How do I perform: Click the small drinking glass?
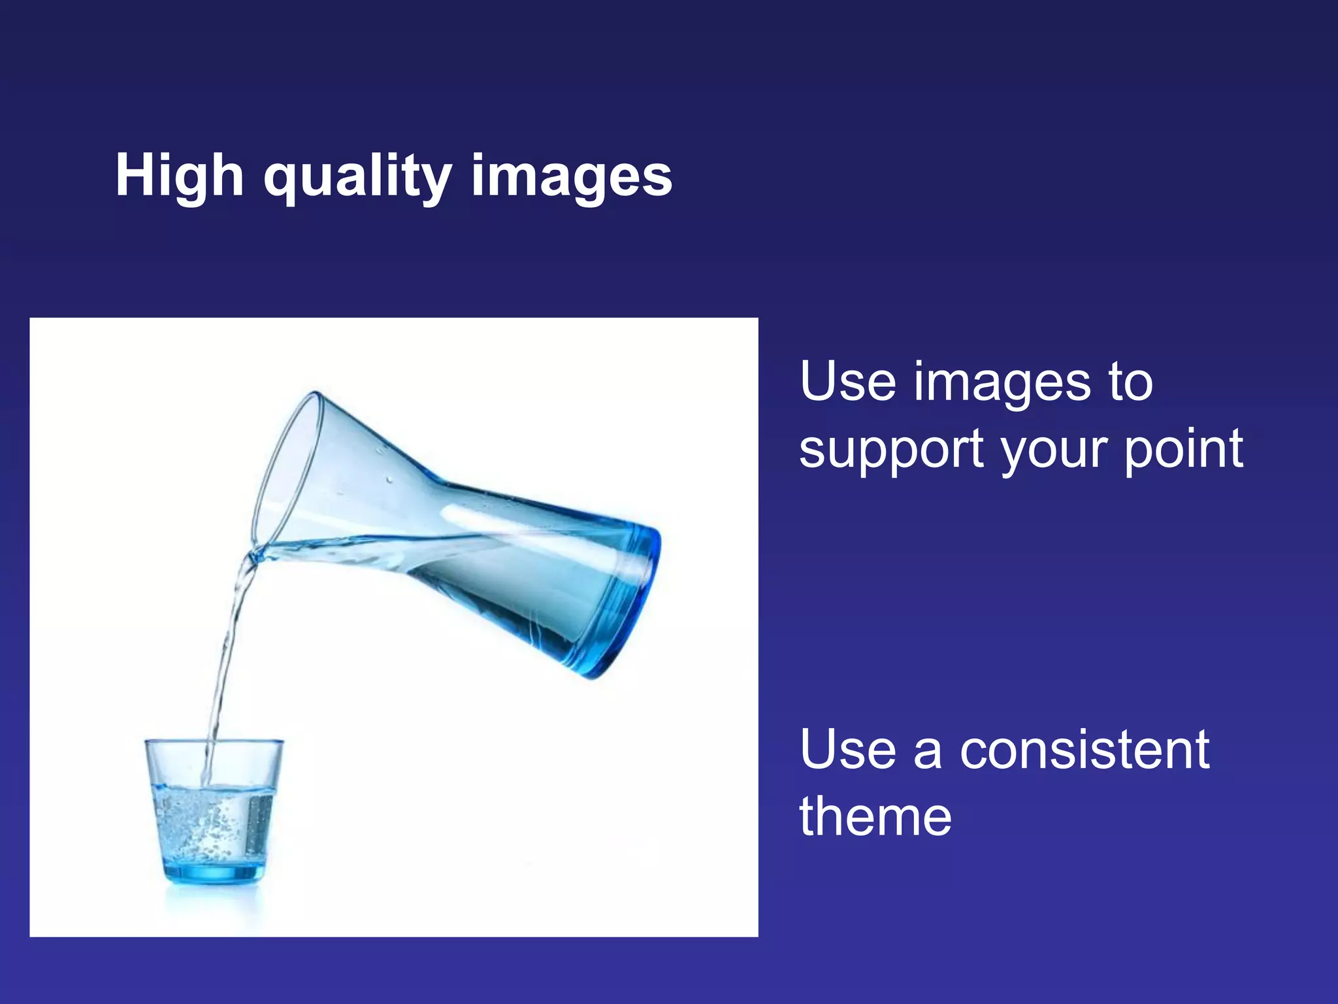[214, 811]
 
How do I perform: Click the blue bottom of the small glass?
[214, 873]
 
